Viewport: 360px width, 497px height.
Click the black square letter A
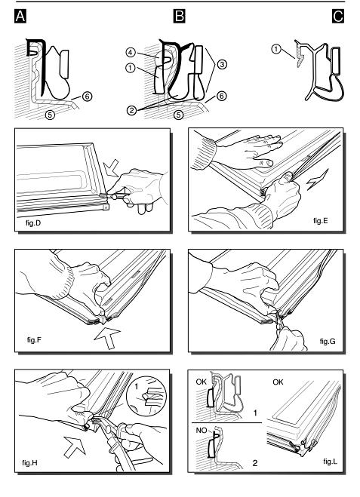coord(20,16)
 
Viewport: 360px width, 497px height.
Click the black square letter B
coord(179,16)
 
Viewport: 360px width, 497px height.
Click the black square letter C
coord(338,16)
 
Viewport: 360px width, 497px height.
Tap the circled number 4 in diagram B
coord(131,52)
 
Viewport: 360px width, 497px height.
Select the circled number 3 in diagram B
coord(222,64)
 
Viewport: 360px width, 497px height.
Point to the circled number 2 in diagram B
coord(131,110)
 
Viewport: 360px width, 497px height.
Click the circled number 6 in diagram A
coord(88,96)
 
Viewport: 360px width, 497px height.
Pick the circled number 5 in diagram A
coord(50,114)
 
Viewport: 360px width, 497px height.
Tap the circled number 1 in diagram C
coord(276,50)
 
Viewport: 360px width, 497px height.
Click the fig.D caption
coord(33,222)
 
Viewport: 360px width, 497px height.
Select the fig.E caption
coord(320,221)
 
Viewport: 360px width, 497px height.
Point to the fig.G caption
coord(328,342)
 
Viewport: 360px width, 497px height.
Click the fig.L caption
coord(330,462)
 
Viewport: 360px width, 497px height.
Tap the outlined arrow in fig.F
coord(107,339)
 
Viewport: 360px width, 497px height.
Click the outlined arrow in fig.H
coord(75,446)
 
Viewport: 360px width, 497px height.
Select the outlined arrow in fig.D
coord(112,167)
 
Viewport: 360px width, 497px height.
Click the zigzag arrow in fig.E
coord(318,179)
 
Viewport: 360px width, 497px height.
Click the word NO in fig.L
coord(202,431)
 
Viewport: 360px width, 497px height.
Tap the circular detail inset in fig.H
coord(146,396)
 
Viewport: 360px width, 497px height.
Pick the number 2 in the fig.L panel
coord(254,463)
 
